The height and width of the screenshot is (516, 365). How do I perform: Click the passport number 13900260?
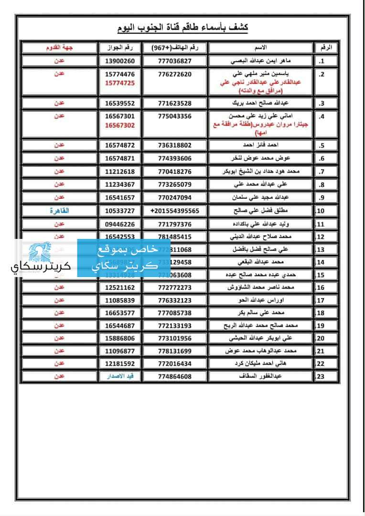120,62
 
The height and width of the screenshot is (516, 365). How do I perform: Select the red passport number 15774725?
120,83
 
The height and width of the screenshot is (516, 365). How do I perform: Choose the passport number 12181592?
120,364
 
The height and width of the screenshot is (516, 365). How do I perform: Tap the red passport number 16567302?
120,125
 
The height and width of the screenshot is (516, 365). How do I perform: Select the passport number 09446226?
120,224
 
